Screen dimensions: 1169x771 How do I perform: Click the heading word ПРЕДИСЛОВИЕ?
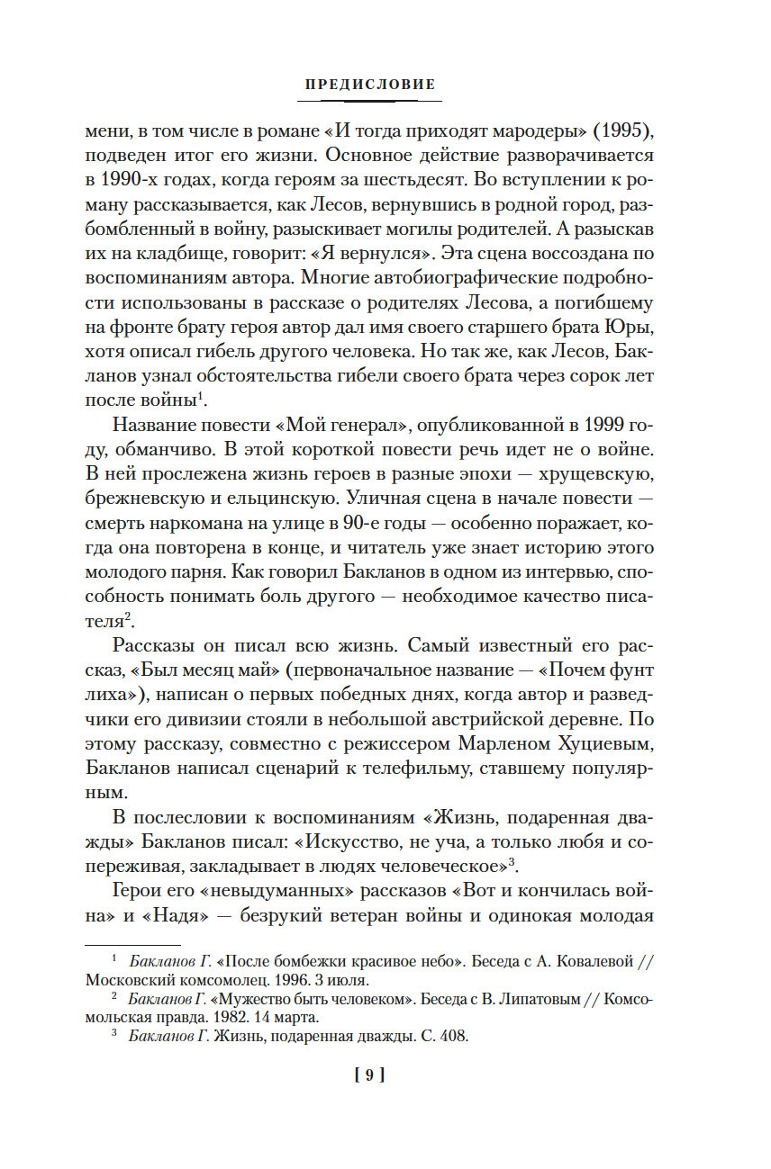click(x=370, y=85)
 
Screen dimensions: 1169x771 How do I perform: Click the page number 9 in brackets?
click(x=370, y=1075)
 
